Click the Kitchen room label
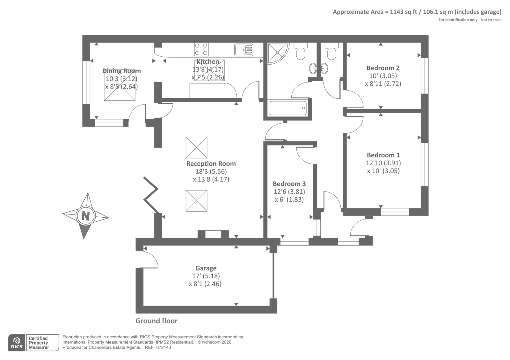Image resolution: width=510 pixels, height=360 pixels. pos(208,61)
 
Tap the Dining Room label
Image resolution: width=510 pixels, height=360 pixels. pos(121,71)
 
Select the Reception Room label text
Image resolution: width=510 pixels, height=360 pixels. pos(211,164)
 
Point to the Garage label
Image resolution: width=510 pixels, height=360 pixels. pos(206,268)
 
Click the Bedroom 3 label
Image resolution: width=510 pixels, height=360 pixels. pos(289,184)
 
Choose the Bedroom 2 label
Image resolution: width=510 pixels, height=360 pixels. pos(383,68)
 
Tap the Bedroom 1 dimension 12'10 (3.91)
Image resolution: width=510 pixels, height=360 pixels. pos(383,163)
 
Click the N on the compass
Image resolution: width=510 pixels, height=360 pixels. pos(85,216)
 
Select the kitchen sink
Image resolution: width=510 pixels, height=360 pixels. pos(244,50)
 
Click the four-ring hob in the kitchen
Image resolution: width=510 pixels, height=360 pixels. pos(201,49)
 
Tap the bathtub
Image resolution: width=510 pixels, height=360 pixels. pos(288,108)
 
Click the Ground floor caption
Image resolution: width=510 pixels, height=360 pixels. pos(157,321)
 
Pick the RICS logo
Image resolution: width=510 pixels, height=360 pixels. pos(17,342)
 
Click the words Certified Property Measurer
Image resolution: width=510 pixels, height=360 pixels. pos(39,343)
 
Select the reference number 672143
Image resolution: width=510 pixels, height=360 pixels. pos(164,348)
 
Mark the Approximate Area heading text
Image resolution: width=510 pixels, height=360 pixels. pos(417,12)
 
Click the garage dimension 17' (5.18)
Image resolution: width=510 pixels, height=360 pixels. pos(206,276)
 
